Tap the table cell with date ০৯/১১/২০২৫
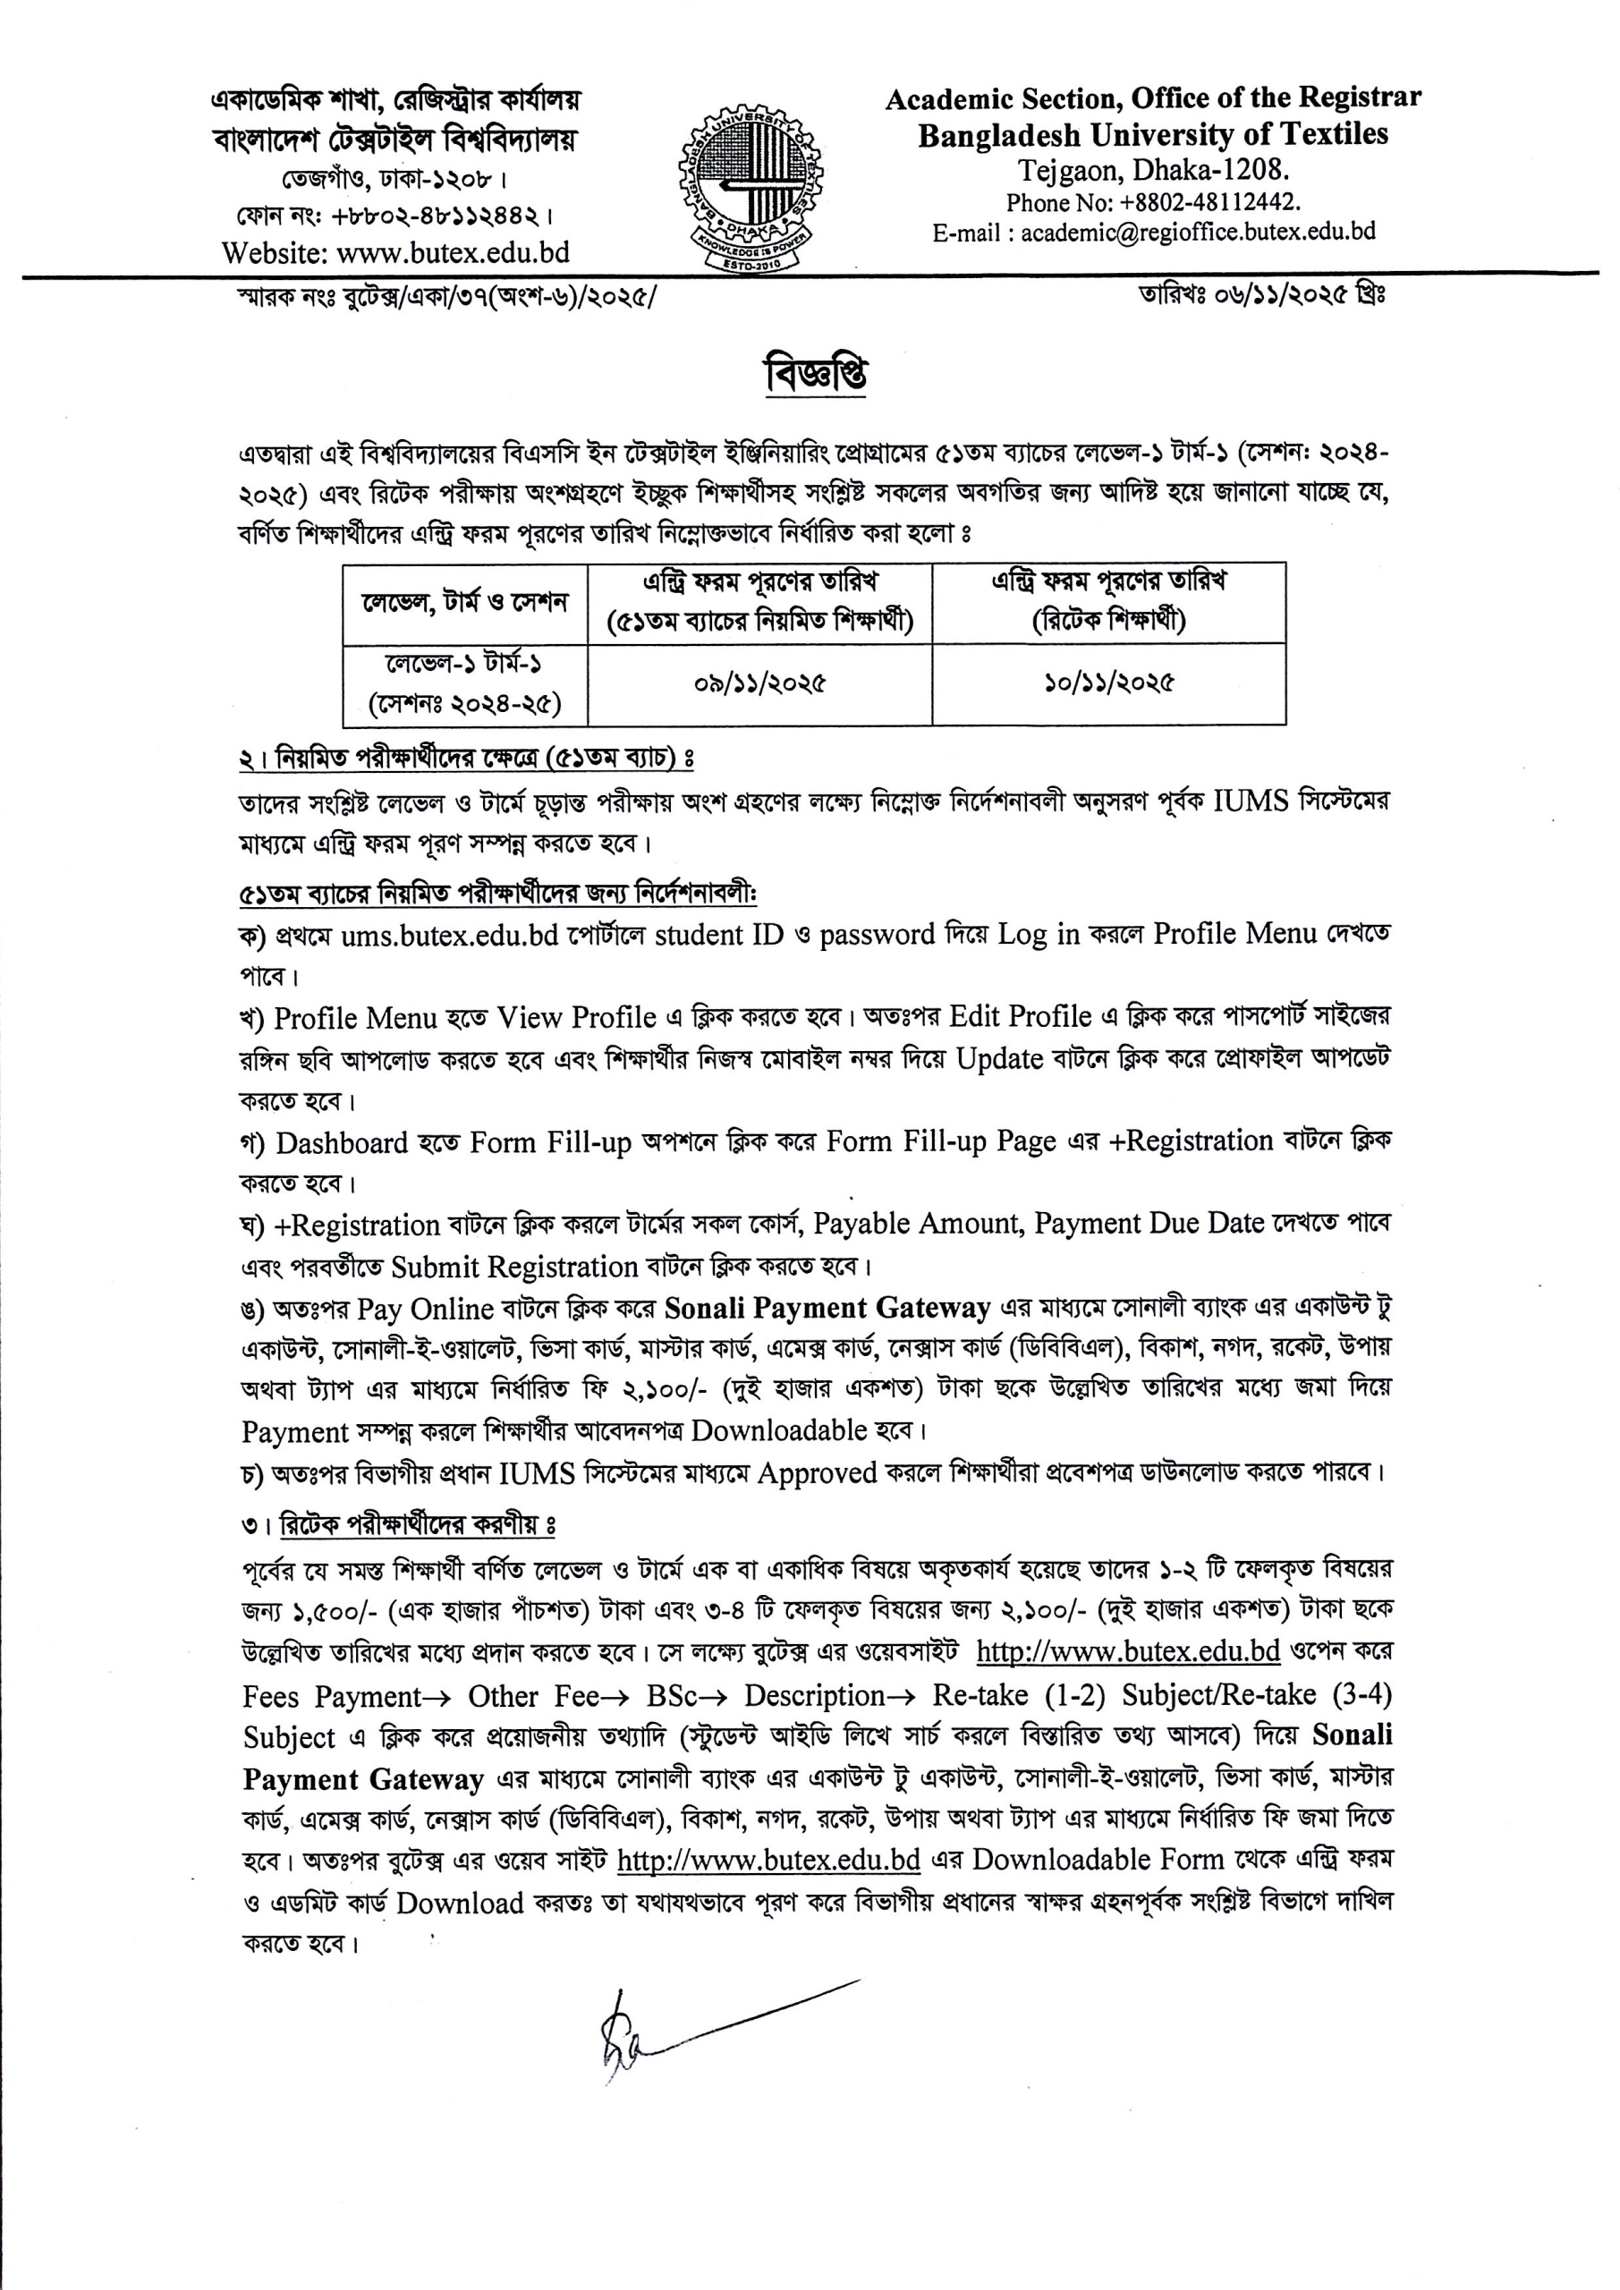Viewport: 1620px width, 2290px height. coord(760,684)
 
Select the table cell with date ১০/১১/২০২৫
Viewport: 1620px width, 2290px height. coord(1108,683)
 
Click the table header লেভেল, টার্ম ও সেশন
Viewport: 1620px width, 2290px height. coord(465,604)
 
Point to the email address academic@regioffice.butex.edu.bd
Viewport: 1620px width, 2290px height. coord(1197,233)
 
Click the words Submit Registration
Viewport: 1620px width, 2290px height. coord(513,1267)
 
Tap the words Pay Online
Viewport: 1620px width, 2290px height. coord(426,1309)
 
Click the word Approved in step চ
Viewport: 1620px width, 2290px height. coord(817,1473)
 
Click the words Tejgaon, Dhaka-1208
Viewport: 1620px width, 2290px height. coord(1153,170)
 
